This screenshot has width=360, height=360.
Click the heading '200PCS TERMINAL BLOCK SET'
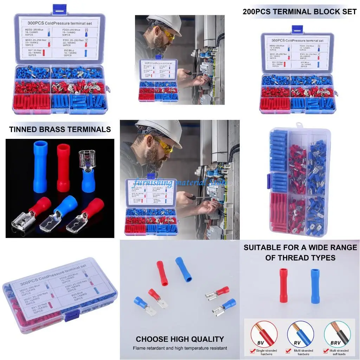point(300,12)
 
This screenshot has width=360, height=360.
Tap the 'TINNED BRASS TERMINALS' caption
point(60,129)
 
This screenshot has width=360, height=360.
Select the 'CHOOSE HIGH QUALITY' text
point(180,339)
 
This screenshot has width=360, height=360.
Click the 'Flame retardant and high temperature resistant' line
point(180,348)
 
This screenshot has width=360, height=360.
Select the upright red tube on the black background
point(63,167)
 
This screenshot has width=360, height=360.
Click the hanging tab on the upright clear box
point(300,125)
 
